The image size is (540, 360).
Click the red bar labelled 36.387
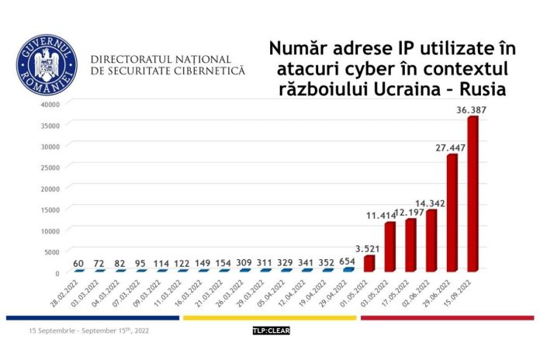point(473,194)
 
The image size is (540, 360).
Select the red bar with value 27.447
point(452,213)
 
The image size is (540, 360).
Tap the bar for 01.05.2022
point(369,263)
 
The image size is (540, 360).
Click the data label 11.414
point(382,215)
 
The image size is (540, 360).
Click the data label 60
point(78,263)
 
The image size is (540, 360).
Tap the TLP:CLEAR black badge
point(270,331)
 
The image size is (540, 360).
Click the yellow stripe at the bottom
point(268,317)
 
